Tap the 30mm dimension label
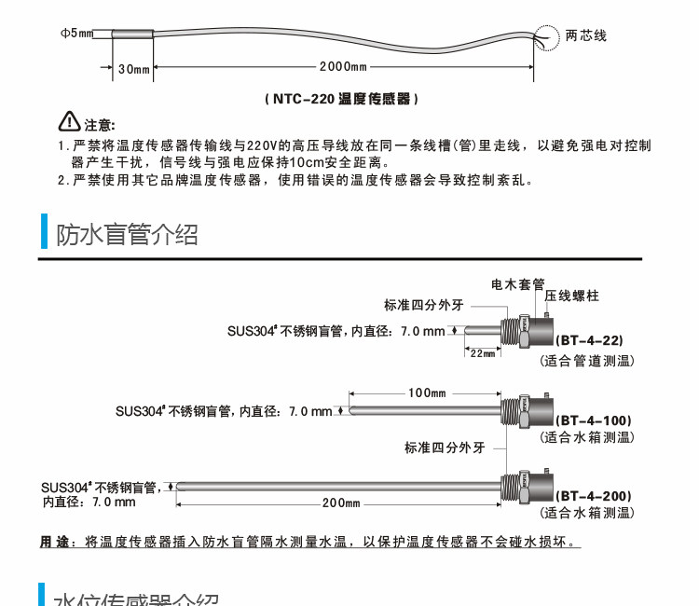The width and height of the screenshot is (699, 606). click(x=134, y=68)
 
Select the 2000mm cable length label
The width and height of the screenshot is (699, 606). click(x=342, y=68)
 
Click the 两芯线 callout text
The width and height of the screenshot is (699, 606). click(x=586, y=35)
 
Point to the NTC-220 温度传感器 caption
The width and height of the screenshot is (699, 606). click(x=339, y=98)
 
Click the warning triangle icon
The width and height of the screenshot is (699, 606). click(x=70, y=122)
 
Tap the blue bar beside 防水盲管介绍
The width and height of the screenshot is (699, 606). click(x=43, y=232)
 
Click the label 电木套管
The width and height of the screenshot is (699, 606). click(x=517, y=282)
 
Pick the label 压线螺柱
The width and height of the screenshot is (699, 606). click(x=572, y=296)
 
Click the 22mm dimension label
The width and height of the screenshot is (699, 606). click(x=482, y=353)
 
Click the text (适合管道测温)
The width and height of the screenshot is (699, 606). click(x=587, y=359)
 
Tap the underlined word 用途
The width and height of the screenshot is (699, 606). click(x=55, y=542)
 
